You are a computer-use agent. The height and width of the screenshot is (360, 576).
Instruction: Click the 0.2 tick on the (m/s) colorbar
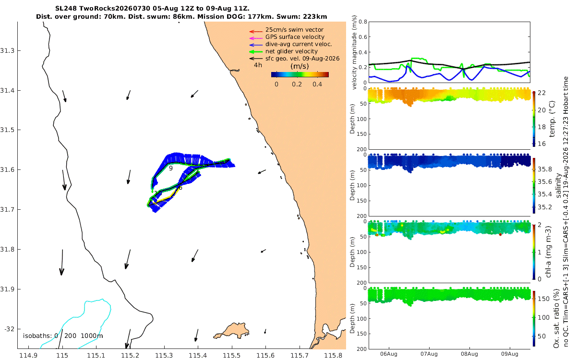click(x=297, y=84)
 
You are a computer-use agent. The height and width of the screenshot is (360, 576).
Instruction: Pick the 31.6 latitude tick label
click(x=7, y=170)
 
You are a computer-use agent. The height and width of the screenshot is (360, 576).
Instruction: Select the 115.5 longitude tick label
click(x=232, y=356)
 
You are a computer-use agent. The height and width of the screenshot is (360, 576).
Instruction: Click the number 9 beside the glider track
click(x=171, y=168)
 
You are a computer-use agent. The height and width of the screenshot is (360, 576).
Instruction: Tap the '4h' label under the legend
click(x=258, y=65)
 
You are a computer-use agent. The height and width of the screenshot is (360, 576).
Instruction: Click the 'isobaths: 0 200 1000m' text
click(x=63, y=336)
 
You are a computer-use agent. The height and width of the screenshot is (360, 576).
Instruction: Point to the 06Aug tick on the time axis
click(x=388, y=354)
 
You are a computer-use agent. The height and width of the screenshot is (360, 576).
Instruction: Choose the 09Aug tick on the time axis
click(x=509, y=354)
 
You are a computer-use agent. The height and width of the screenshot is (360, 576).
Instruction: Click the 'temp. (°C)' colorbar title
click(x=552, y=119)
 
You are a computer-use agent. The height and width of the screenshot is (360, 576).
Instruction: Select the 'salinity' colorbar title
click(x=558, y=185)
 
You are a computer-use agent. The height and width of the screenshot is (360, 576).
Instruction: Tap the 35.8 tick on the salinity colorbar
click(x=545, y=169)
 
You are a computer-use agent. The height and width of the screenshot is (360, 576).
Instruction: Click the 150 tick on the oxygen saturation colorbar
click(x=543, y=299)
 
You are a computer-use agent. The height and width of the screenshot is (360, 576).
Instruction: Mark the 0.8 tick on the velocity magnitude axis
click(x=363, y=22)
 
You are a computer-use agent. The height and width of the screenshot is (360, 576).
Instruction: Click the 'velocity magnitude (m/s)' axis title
click(x=354, y=52)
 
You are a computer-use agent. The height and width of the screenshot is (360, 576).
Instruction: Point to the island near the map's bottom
click(x=231, y=331)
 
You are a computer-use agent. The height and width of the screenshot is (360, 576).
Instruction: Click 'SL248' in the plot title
click(x=66, y=9)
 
